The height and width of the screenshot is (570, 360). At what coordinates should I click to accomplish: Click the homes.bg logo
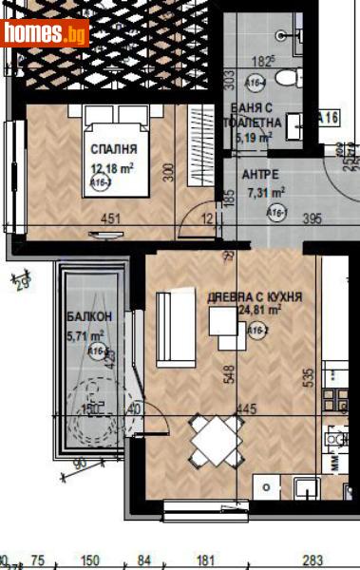[45, 33]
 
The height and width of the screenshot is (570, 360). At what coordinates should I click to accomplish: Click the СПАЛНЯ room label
[114, 149]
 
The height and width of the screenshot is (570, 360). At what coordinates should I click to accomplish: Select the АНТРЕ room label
[260, 175]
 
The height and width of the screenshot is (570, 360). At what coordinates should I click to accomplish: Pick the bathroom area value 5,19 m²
[254, 138]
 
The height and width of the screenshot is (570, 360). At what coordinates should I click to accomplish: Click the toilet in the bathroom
[290, 75]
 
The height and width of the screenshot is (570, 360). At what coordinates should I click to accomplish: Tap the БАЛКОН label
[89, 317]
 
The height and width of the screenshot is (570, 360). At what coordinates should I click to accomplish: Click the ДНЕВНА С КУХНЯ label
[255, 297]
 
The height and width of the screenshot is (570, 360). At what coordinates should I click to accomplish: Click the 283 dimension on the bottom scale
[313, 560]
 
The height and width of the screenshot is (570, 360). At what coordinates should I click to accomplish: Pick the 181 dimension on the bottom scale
[208, 560]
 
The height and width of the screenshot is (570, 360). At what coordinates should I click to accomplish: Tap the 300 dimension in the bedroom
[168, 172]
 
